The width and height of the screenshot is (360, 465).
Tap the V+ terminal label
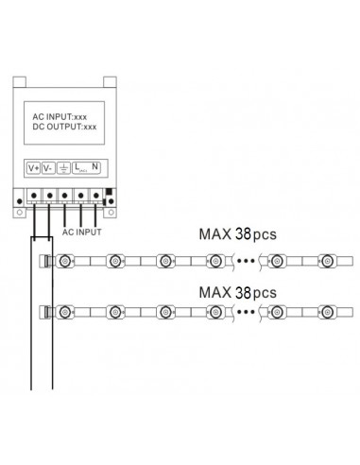coord(34,167)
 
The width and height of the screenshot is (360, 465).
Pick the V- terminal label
coord(50,167)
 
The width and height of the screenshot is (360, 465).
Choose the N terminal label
coord(96,167)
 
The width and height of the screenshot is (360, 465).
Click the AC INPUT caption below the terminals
coord(81,230)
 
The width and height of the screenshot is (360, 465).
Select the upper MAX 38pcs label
coord(237,232)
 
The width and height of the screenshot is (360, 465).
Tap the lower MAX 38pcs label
coord(237,292)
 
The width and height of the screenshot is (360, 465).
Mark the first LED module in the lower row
coord(64,311)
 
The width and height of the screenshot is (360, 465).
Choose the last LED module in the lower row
coord(325,311)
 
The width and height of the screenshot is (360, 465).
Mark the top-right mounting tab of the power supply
coord(103,84)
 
